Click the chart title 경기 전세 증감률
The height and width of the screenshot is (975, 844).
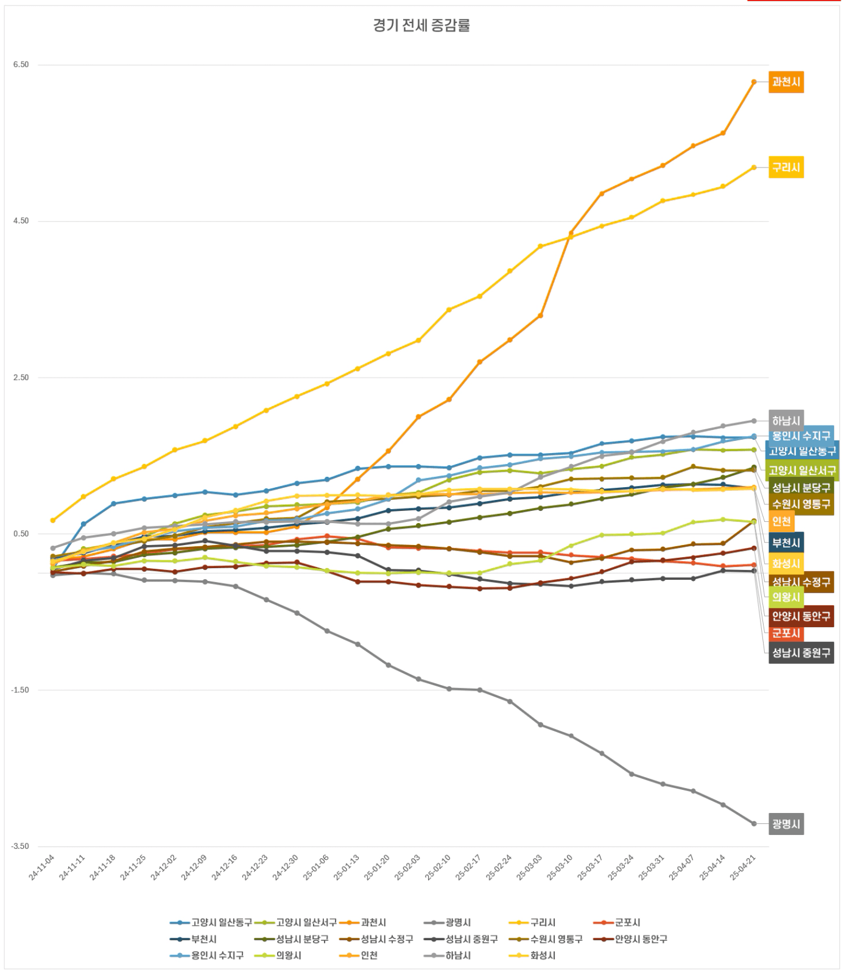click(421, 26)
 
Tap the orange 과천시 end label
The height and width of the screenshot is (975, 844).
click(786, 82)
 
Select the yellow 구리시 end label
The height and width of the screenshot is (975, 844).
click(786, 167)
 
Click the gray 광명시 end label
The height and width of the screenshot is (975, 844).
click(786, 824)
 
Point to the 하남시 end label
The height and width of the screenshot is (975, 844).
click(786, 420)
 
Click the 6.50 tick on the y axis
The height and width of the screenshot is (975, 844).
click(21, 65)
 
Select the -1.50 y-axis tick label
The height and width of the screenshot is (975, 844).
click(19, 690)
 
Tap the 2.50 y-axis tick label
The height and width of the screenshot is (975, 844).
click(21, 378)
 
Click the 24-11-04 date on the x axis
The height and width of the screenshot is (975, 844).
click(42, 867)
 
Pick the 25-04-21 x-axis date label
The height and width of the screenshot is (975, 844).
click(743, 867)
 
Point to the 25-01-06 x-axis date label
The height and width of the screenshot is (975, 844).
click(316, 867)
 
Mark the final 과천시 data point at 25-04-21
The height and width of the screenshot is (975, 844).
click(754, 82)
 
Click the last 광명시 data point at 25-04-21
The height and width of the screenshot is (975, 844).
click(754, 823)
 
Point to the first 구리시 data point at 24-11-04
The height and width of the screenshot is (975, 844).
click(53, 520)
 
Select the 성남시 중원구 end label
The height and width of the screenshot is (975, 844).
click(801, 652)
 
